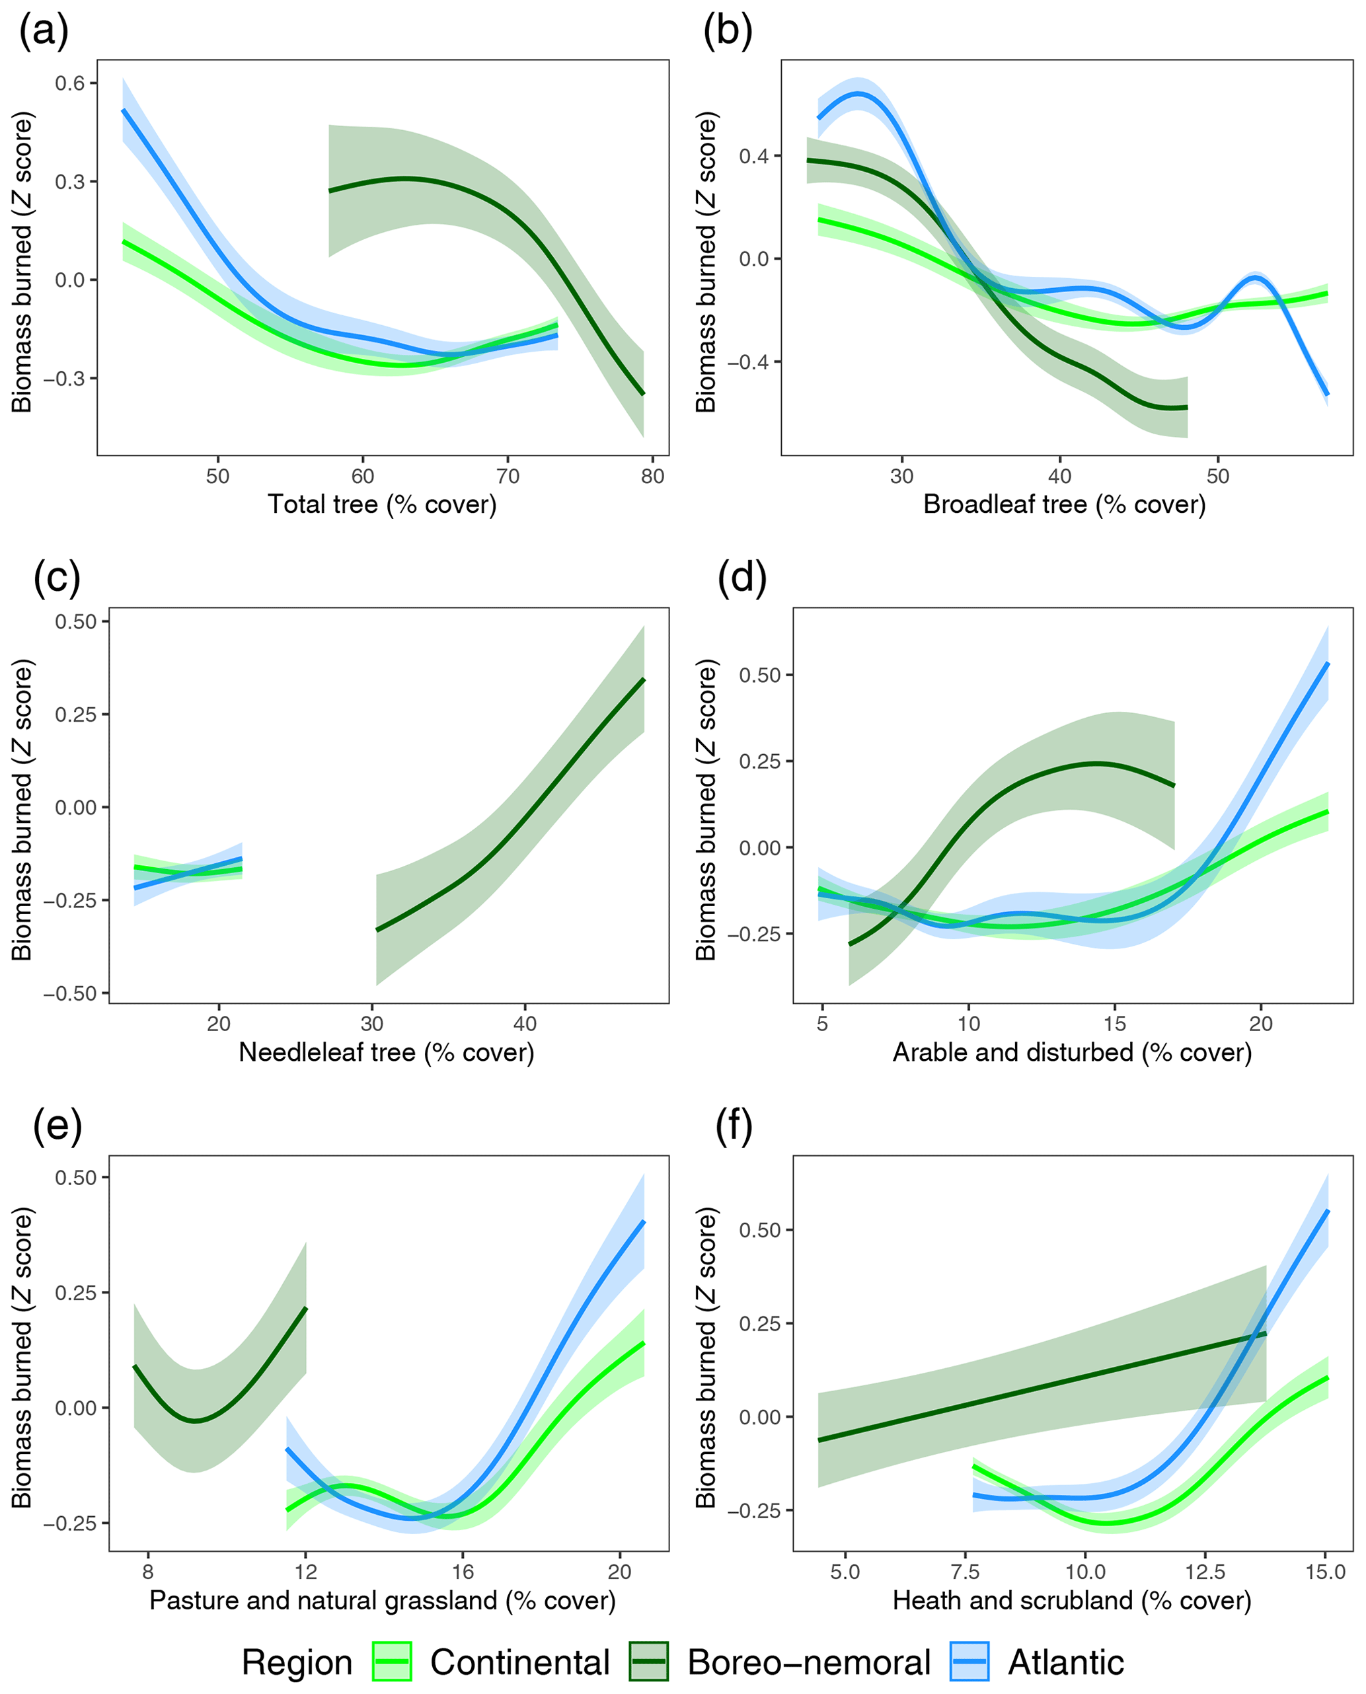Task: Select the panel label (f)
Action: (734, 1126)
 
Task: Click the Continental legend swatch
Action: (392, 1662)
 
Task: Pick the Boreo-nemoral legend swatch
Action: (648, 1662)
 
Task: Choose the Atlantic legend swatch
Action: (969, 1662)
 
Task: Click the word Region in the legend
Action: (297, 1662)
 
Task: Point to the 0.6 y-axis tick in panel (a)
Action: (70, 83)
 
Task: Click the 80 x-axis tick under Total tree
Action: (652, 476)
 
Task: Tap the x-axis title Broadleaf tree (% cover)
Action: (1064, 504)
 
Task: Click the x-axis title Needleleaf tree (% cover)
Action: (387, 1053)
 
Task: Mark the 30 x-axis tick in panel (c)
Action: (371, 1024)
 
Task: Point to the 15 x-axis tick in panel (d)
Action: (1114, 1024)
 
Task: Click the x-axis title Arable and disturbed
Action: (1072, 1053)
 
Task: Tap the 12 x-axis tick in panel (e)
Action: (305, 1572)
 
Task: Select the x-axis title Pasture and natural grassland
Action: (383, 1600)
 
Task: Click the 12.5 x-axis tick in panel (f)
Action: (1205, 1572)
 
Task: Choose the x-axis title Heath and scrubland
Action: (1072, 1600)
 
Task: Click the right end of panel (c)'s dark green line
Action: (644, 679)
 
